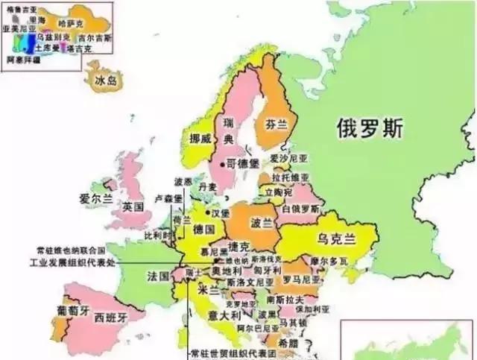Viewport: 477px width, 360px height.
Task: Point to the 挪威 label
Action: (x=199, y=138)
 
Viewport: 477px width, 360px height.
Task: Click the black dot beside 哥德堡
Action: (x=221, y=162)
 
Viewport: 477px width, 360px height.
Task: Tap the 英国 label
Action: (x=133, y=206)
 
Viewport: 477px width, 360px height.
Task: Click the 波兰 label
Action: (x=262, y=222)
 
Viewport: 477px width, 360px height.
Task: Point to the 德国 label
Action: (x=203, y=230)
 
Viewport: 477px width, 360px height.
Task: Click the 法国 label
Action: (x=158, y=276)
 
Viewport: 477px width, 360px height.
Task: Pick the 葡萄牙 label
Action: (x=72, y=309)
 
